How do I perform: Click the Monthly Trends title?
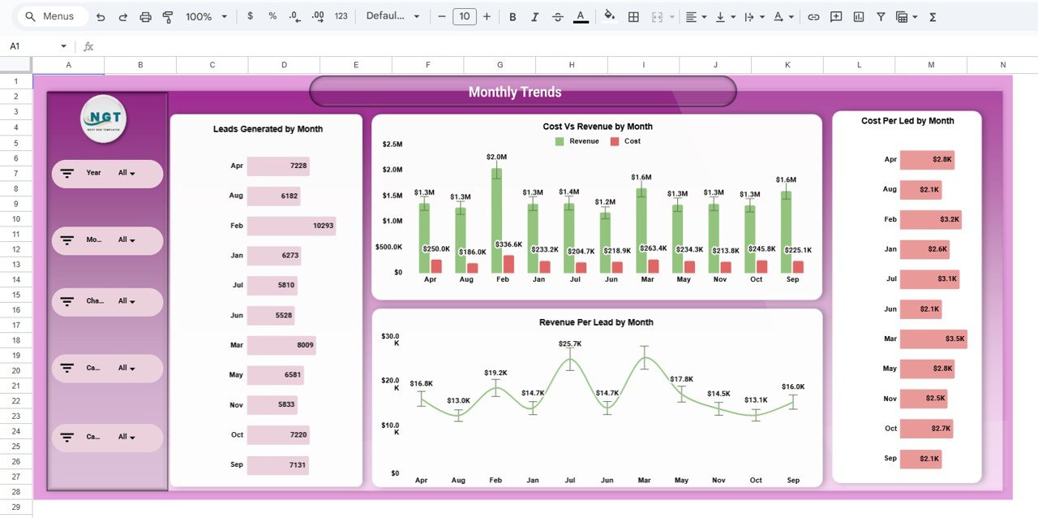tap(515, 93)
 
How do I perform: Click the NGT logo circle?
tap(104, 119)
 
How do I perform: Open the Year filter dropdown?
tap(127, 173)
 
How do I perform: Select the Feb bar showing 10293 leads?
tap(291, 226)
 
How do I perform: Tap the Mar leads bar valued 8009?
tap(281, 345)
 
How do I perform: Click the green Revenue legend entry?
tap(577, 141)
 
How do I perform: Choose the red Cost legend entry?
tap(625, 141)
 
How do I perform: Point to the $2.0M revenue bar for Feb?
tap(496, 220)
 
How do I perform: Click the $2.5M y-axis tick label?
tap(392, 145)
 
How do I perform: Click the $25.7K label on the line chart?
tap(570, 344)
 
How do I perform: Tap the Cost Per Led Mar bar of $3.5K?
tap(933, 339)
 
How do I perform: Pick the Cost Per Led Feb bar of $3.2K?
tap(930, 219)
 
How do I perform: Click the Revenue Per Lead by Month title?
tap(596, 322)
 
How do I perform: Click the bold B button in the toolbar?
tap(513, 16)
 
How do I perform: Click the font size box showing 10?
tap(464, 16)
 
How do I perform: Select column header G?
tap(500, 65)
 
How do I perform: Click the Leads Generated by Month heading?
tap(268, 129)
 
